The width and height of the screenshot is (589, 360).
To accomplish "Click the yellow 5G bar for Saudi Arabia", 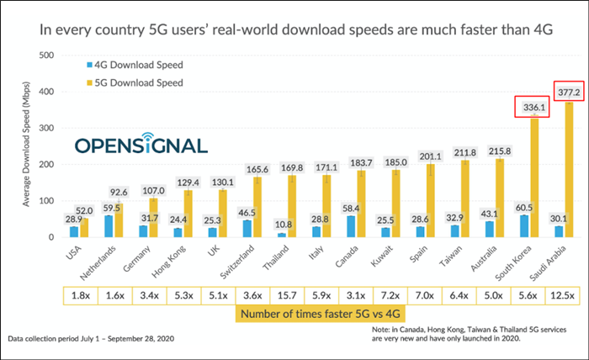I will point(570,168).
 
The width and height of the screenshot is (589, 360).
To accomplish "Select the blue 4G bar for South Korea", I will point(524,226).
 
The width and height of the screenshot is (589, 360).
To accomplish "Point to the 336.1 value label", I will point(531,107).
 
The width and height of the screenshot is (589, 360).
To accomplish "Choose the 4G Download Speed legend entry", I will point(135,64).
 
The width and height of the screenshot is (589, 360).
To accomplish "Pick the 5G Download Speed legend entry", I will point(135,82).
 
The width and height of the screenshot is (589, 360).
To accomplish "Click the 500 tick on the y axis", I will point(48,56).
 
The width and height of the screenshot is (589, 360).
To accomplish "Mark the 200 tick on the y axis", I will point(48,165).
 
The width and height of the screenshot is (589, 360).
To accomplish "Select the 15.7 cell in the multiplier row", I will point(292,294).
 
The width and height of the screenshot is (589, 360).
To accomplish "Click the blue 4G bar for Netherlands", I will point(109,226).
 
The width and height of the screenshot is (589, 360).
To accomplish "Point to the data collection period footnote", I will point(92,338).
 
